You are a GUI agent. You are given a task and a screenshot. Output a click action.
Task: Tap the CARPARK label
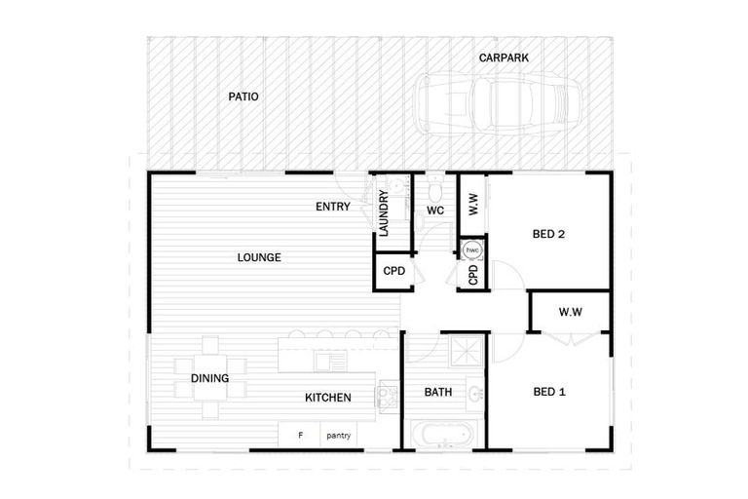coord(504,58)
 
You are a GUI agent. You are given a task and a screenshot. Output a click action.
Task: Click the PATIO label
coord(243,97)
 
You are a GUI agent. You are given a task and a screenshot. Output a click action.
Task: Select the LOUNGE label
coord(259,258)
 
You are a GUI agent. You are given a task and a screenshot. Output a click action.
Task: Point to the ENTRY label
coord(333,207)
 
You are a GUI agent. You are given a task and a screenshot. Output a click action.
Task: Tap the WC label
coord(435,211)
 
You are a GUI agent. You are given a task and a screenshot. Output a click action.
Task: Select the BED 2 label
coord(549,234)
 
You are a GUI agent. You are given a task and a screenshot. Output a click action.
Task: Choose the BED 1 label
coord(549,393)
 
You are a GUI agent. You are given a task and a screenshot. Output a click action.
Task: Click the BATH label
coord(437,393)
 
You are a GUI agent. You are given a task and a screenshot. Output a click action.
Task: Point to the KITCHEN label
coord(328,398)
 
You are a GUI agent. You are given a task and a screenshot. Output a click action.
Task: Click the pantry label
coord(339,436)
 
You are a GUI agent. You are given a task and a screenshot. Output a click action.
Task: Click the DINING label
coord(209,379)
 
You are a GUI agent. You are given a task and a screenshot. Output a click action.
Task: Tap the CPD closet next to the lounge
coord(393,271)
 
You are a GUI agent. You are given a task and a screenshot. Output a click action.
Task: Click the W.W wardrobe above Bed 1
coord(570,313)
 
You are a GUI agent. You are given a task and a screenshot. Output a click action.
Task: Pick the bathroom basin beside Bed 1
coord(473,395)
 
